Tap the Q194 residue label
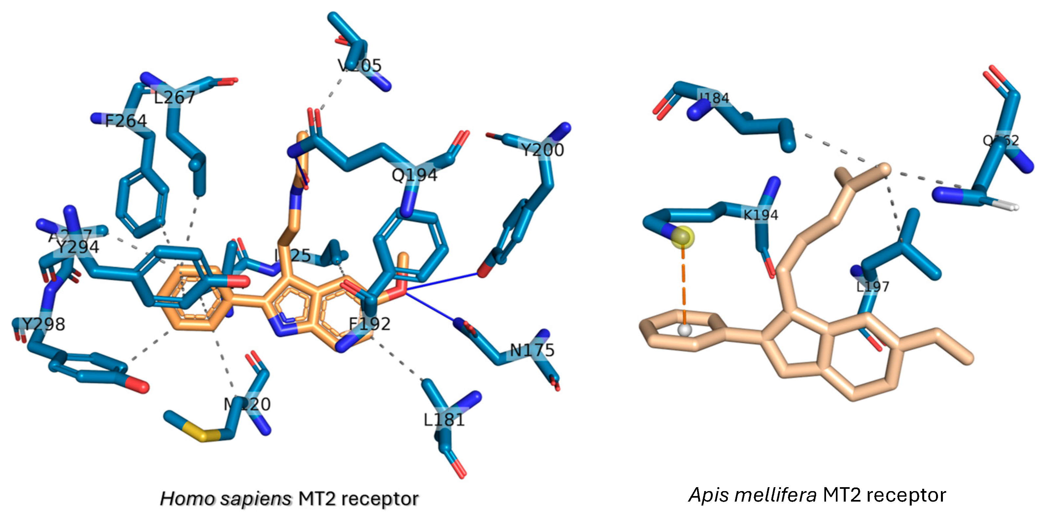[414, 175]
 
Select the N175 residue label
[532, 350]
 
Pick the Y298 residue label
[43, 325]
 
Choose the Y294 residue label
[77, 247]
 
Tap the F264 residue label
[126, 121]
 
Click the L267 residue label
[174, 97]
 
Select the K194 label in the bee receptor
[760, 215]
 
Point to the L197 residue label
[873, 287]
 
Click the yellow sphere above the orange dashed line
[682, 237]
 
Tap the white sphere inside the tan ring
[685, 330]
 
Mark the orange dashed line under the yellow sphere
[683, 284]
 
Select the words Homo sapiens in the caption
[226, 499]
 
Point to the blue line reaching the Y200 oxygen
[442, 282]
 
